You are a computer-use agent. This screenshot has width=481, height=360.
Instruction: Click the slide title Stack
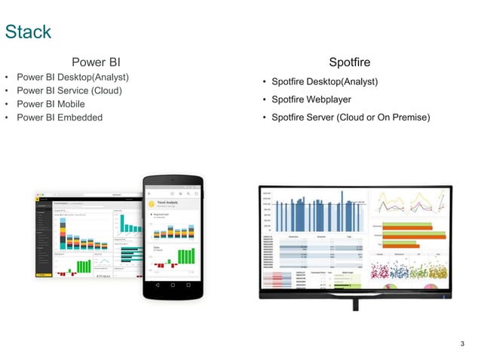tap(28, 32)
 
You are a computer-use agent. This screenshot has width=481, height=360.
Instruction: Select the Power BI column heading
tap(96, 62)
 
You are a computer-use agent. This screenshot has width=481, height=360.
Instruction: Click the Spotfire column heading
tap(349, 62)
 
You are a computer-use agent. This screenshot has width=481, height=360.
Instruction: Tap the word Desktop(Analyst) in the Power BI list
tap(95, 78)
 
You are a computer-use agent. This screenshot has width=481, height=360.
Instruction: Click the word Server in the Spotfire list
tap(320, 117)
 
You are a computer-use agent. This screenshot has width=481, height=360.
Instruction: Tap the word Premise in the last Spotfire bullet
tap(409, 117)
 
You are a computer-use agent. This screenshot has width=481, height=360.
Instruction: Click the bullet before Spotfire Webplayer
tap(264, 99)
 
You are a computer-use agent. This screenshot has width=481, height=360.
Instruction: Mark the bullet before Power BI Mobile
tap(7, 104)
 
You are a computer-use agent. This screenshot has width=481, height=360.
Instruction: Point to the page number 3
tap(462, 344)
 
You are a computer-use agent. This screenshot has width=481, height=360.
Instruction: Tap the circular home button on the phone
tap(173, 285)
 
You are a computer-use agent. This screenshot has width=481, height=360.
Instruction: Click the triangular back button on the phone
tap(156, 285)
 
